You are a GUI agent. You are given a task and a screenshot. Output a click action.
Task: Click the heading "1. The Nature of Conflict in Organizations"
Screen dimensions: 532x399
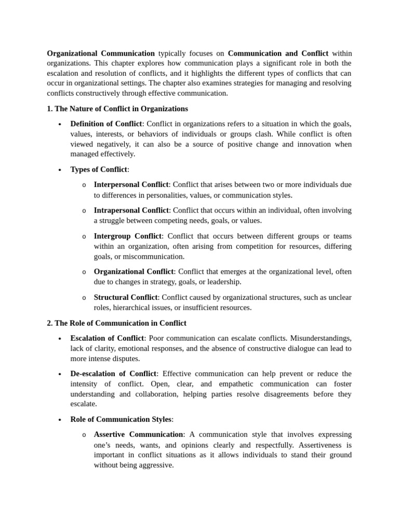pyautogui.click(x=117, y=109)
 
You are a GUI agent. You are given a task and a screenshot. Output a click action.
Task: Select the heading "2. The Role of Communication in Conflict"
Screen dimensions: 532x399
pyautogui.click(x=116, y=323)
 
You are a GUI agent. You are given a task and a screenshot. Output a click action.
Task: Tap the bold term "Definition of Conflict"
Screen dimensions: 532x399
pyautogui.click(x=106, y=124)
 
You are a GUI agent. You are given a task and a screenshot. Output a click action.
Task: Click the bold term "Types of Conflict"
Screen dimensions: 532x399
pyautogui.click(x=99, y=169)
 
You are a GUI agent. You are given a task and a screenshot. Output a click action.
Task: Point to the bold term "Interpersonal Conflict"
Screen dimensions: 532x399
pyautogui.click(x=131, y=184)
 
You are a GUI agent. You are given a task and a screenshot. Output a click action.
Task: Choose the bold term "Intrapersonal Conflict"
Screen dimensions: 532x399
pyautogui.click(x=131, y=210)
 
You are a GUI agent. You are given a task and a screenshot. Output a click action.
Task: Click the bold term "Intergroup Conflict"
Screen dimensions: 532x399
pyautogui.click(x=127, y=236)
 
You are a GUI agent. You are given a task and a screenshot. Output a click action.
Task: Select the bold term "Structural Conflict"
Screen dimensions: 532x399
pyautogui.click(x=125, y=297)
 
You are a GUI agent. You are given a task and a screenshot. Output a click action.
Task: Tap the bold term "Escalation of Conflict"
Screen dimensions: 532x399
pyautogui.click(x=107, y=338)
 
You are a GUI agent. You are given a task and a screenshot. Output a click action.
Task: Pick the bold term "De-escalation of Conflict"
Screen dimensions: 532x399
pyautogui.click(x=113, y=374)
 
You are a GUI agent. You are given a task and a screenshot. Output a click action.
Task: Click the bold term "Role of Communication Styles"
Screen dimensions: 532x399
pyautogui.click(x=121, y=419)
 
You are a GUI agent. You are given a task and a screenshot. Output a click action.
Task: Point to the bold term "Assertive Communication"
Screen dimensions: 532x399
pyautogui.click(x=138, y=434)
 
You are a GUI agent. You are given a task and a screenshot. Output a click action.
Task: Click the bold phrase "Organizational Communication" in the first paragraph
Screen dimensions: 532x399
pyautogui.click(x=101, y=53)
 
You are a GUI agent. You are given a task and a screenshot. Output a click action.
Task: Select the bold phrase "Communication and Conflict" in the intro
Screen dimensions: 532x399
pyautogui.click(x=278, y=53)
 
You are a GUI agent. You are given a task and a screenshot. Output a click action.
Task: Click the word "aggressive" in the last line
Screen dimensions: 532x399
pyautogui.click(x=155, y=465)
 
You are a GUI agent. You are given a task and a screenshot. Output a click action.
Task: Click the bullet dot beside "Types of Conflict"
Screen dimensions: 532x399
pyautogui.click(x=60, y=170)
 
